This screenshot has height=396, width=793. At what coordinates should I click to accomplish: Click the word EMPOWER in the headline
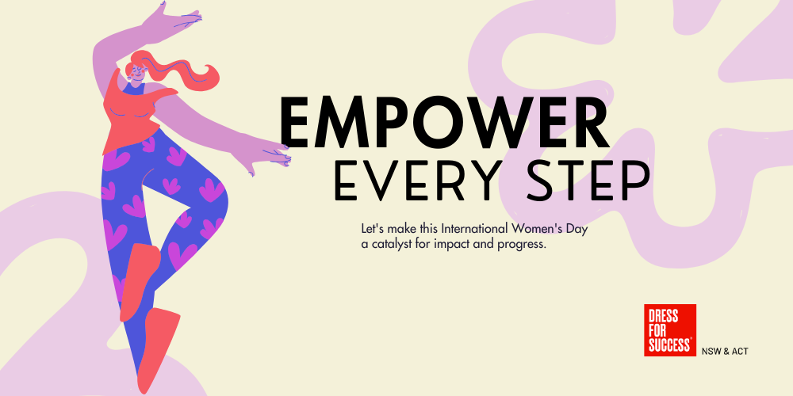pos(445,123)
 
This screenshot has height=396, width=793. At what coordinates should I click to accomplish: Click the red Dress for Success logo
pos(669,329)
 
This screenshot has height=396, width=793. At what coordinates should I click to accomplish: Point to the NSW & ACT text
pos(725,351)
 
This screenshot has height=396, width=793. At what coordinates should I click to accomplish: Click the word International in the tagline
pos(474,228)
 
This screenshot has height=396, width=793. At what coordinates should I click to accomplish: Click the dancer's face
pos(136,72)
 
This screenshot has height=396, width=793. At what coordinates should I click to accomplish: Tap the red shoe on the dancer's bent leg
pos(139,281)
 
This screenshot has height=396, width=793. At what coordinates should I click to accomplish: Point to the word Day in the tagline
pos(578,230)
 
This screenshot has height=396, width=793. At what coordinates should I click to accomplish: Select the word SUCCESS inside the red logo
pos(669,345)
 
